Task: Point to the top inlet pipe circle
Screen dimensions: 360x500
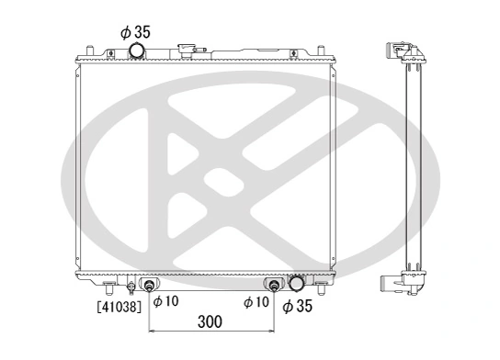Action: [x=138, y=50]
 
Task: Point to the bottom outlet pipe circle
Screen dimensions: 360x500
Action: [x=297, y=284]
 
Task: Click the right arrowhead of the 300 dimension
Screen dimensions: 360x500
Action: [x=270, y=333]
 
